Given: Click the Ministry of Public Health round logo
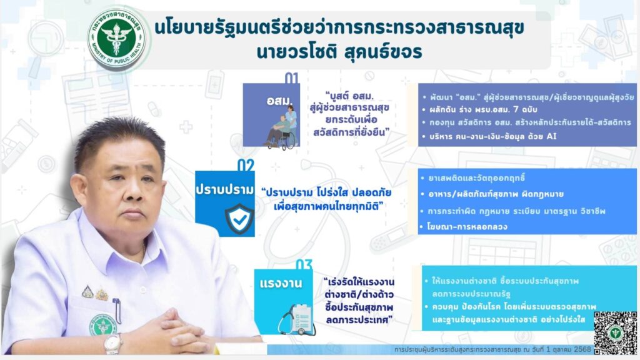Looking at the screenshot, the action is [117, 39].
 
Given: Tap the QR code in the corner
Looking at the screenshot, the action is [615, 332].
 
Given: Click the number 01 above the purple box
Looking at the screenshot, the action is [291, 77].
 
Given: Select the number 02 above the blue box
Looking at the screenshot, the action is [246, 165].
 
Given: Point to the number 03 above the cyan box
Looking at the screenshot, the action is [304, 264].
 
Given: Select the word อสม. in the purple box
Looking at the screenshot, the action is [280, 100].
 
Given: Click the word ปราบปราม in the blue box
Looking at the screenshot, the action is [224, 190].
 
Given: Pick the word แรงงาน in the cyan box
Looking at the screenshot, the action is [281, 283].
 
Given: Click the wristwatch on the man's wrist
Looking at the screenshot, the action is [112, 344].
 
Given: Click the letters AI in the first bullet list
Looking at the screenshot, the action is [551, 136].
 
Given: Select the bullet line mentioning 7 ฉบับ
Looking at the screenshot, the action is [483, 109].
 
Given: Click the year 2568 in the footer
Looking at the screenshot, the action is [582, 349].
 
